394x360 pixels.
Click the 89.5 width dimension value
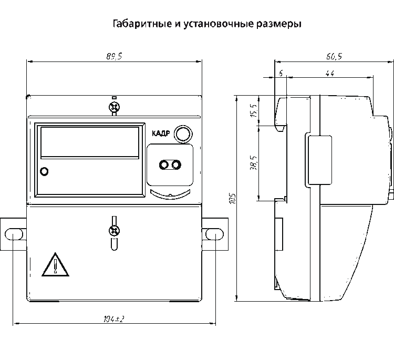tap(114, 56)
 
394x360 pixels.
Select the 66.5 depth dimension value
tap(333, 56)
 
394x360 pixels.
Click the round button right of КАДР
tap(182, 133)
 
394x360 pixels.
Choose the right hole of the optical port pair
tap(173, 166)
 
